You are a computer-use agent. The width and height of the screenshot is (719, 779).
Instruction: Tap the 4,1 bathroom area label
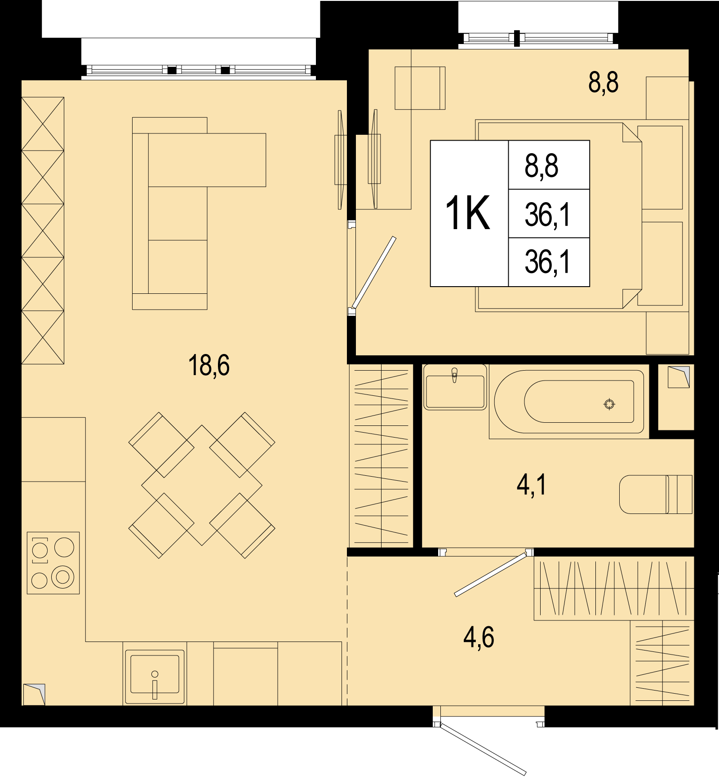click(532, 485)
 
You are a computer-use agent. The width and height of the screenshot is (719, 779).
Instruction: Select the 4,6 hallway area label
click(479, 637)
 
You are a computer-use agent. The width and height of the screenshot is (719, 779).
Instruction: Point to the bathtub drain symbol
click(609, 404)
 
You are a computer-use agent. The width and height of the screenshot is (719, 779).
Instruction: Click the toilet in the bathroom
click(656, 494)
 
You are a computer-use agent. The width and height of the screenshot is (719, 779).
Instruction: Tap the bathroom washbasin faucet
click(455, 375)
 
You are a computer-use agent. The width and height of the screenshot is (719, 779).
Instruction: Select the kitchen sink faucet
click(155, 684)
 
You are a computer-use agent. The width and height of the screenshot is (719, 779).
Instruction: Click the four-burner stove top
click(53, 563)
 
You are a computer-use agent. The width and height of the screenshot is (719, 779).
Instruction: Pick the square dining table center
click(202, 485)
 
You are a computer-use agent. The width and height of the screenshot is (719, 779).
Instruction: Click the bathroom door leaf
click(490, 575)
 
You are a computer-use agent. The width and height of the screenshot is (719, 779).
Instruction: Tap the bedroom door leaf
click(374, 272)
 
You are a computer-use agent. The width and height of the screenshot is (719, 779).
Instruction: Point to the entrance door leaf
click(483, 749)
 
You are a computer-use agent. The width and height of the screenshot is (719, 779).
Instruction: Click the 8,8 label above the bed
click(604, 83)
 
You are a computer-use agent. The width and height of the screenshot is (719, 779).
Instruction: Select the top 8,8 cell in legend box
click(549, 165)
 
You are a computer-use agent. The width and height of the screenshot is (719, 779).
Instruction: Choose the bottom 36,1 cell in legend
click(549, 262)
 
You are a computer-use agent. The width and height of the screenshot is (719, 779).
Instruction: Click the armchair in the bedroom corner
click(420, 88)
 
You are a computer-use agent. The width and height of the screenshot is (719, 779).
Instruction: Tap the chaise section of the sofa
click(207, 160)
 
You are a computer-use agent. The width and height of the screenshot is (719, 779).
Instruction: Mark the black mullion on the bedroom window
click(517, 38)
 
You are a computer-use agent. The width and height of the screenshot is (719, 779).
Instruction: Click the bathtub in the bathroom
click(569, 402)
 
